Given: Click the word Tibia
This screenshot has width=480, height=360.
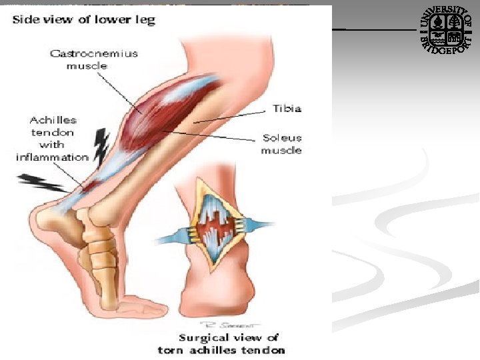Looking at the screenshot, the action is [x=287, y=108].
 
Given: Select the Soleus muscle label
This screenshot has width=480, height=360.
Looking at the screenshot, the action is [x=281, y=144].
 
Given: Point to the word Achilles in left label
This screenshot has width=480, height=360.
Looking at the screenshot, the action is [x=53, y=120].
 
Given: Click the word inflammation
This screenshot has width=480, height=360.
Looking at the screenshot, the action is [x=52, y=157].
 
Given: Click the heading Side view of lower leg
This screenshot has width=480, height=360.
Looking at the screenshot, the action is [x=83, y=19].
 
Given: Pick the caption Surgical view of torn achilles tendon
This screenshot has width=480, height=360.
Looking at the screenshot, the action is [x=221, y=343].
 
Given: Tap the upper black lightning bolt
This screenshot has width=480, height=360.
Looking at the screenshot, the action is [x=101, y=148].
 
